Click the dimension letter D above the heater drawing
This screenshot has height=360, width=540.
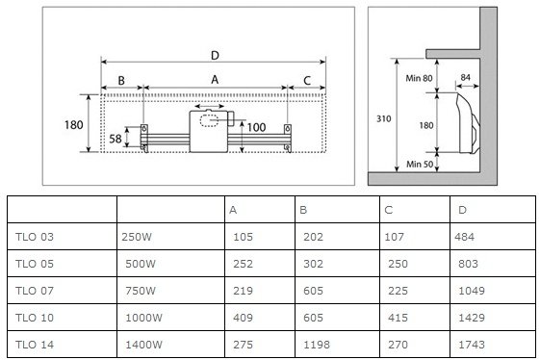(x=215, y=55)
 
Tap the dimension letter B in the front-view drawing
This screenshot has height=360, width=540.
(x=121, y=81)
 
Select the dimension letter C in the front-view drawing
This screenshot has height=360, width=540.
(x=307, y=81)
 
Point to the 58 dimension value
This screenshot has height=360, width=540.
(x=116, y=139)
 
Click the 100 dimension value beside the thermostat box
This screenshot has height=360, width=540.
(x=257, y=127)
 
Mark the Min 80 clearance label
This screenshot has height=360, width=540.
(x=419, y=78)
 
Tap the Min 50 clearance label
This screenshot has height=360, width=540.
(x=420, y=164)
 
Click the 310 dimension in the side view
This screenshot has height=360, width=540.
(x=384, y=118)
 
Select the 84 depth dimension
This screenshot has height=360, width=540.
(x=466, y=77)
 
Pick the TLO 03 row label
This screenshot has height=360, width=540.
(x=35, y=237)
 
